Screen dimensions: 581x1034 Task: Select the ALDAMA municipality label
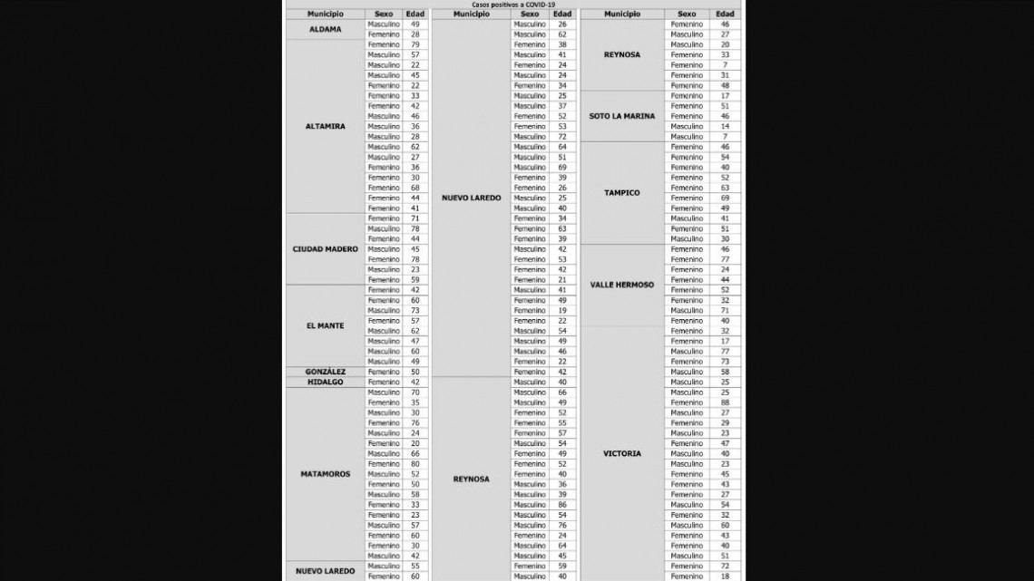pyautogui.click(x=325, y=29)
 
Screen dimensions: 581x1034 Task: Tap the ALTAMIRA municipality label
pyautogui.click(x=325, y=127)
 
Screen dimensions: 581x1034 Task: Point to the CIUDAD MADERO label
pyautogui.click(x=325, y=249)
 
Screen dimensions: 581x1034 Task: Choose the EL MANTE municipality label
pyautogui.click(x=325, y=325)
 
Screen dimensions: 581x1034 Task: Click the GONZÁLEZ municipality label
pyautogui.click(x=325, y=372)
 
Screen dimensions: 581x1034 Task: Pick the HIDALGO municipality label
pyautogui.click(x=325, y=382)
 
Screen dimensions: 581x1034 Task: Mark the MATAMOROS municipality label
pyautogui.click(x=325, y=474)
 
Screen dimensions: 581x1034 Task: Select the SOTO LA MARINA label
pyautogui.click(x=621, y=116)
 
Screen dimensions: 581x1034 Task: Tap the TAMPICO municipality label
pyautogui.click(x=621, y=193)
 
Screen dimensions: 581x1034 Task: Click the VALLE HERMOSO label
pyautogui.click(x=621, y=285)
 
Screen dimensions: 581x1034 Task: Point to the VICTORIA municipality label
pyautogui.click(x=621, y=453)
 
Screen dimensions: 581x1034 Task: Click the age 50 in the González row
pyautogui.click(x=415, y=372)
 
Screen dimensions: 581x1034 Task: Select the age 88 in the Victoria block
pyautogui.click(x=725, y=402)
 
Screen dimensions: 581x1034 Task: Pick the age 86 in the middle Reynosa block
pyautogui.click(x=562, y=504)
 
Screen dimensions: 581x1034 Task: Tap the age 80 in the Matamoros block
pyautogui.click(x=415, y=464)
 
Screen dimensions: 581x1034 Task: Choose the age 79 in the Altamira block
pyautogui.click(x=415, y=44)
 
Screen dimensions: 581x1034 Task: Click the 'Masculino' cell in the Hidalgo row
pyautogui.click(x=383, y=382)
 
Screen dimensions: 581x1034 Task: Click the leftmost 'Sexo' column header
pyautogui.click(x=383, y=15)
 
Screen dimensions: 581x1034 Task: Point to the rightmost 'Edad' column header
pyautogui.click(x=725, y=15)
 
